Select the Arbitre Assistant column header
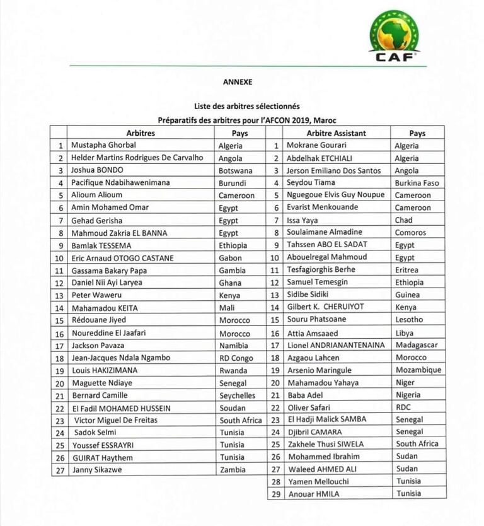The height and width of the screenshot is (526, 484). tap(336, 134)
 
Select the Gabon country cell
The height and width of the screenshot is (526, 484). tap(229, 258)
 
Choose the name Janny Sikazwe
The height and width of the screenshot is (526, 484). tap(97, 470)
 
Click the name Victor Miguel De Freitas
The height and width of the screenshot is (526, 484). tap(116, 420)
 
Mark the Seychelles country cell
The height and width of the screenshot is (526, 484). tap(237, 395)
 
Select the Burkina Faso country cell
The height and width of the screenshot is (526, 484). tap(417, 183)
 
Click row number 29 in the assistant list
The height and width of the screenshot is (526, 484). tap(274, 494)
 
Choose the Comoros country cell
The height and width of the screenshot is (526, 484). tap(410, 233)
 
